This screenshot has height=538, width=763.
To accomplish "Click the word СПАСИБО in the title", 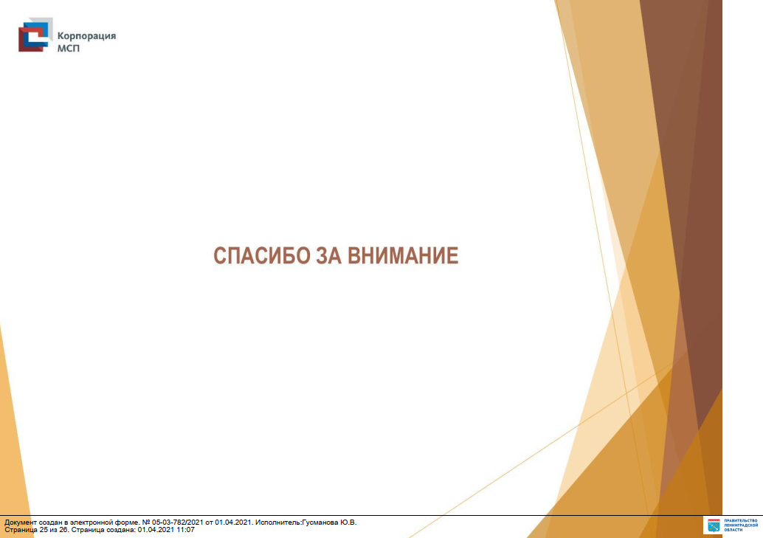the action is pos(262,255).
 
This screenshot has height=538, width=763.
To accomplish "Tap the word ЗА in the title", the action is pos(328,255).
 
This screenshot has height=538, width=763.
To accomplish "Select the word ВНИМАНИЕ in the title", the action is pos(403,255).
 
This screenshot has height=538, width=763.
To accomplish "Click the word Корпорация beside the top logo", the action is pos(86,36).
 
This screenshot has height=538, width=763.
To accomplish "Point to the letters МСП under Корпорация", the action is pos(68,48).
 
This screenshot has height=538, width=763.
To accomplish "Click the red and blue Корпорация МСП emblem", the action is pos(35,35).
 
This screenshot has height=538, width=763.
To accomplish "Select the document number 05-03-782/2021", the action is pos(178,523).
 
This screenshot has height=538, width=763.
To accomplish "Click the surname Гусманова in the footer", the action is pos(320,523).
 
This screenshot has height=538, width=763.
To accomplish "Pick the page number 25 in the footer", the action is pos(44,530).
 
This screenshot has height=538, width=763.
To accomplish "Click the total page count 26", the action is pos(63,530).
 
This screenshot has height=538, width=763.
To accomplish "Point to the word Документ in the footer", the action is pos(21,523).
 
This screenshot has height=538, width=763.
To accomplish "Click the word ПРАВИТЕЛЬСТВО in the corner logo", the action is pos(741,521).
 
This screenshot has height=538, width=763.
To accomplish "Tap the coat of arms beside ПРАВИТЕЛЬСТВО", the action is pos(714,525).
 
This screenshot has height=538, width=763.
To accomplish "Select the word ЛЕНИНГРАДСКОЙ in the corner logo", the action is pos(741,525).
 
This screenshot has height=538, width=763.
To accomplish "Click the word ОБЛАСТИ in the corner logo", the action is pos(733,530).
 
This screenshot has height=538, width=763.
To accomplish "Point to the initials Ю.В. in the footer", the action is pos(348,523).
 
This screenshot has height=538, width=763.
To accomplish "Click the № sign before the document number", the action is pos(146,523).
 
